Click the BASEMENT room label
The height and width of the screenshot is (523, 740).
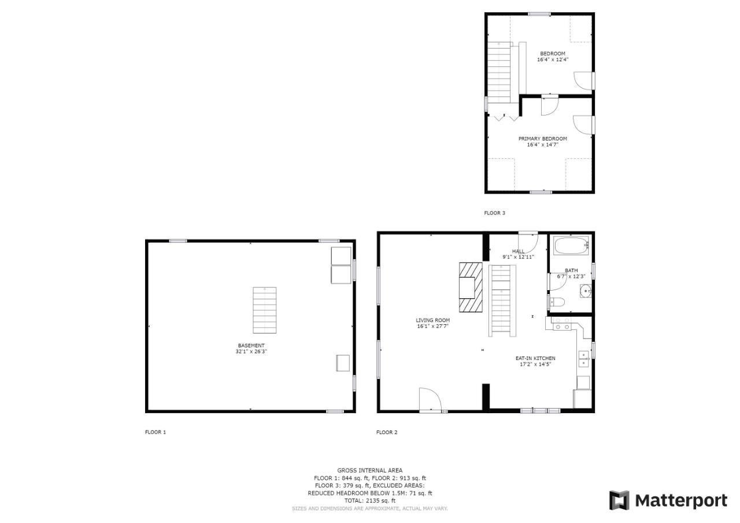point(251,346)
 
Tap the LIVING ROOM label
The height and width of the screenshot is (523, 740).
point(433,320)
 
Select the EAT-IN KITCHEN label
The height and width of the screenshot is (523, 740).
point(535,358)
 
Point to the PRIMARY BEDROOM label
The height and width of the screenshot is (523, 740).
point(542,139)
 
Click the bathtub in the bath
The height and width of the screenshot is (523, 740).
point(571,246)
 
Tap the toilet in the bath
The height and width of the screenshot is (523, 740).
point(557,302)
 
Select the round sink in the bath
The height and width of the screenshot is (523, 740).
point(586,291)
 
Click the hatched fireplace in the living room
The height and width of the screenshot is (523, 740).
point(471,287)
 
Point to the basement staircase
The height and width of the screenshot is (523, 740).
point(265,310)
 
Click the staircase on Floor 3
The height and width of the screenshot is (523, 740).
point(500,72)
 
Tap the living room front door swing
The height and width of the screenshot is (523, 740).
point(430,400)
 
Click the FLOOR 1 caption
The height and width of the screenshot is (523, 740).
point(156,432)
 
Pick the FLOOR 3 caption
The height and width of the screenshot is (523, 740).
point(494,213)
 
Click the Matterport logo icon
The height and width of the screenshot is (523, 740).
point(619,500)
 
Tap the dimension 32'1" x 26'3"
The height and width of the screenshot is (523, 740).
point(251,351)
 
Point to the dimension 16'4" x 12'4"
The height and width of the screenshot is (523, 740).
point(553,60)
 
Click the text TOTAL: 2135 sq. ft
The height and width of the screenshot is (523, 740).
point(370,500)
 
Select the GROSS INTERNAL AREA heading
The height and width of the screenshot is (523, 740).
point(370,470)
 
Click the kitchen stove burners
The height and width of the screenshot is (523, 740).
point(562,324)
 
